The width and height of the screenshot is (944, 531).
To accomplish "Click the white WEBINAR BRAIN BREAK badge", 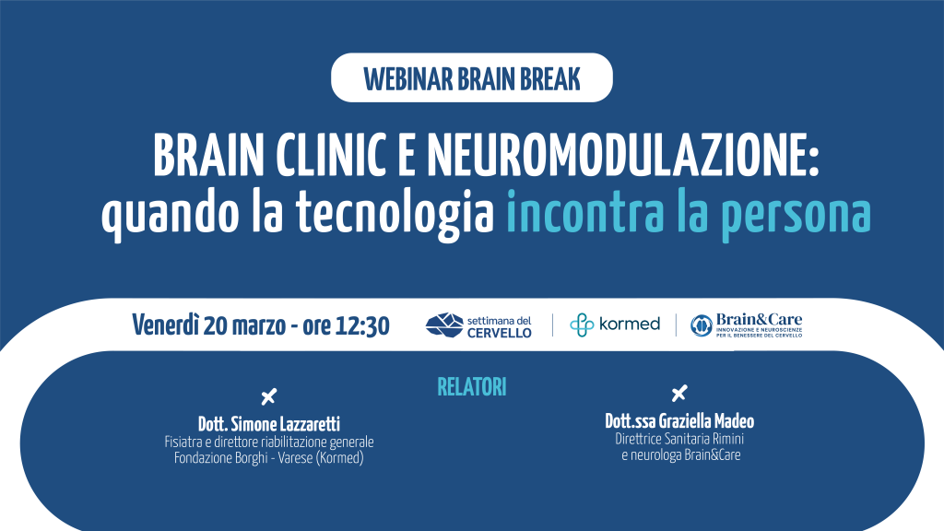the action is coord(471,77).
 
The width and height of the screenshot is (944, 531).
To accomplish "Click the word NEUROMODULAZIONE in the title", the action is coord(624,155).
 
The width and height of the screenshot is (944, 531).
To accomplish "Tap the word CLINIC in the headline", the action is coord(331,155).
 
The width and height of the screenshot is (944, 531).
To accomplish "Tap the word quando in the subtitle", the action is coord(170,214).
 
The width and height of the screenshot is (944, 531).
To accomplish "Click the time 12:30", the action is coord(362,325).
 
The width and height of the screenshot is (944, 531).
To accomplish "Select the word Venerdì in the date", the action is coord(165,325).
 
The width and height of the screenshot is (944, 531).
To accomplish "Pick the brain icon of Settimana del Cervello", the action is coord(444,325).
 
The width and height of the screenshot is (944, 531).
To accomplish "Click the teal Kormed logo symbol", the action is coord(582,325).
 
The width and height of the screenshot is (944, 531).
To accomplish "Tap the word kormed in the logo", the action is coord(630,324).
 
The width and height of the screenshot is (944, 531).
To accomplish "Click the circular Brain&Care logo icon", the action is coord(702,325).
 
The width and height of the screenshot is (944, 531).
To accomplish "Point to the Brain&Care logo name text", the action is coord(760,320).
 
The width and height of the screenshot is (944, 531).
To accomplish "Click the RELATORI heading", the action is coord(471,387).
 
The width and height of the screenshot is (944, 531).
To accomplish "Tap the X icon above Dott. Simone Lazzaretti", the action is coord(269,396).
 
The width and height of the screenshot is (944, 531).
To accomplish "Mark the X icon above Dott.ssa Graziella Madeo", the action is coord(679,393).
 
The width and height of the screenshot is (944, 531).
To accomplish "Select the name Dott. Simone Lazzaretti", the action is coord(269,424).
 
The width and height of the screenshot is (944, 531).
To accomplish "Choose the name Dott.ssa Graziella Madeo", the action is coord(679,420).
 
